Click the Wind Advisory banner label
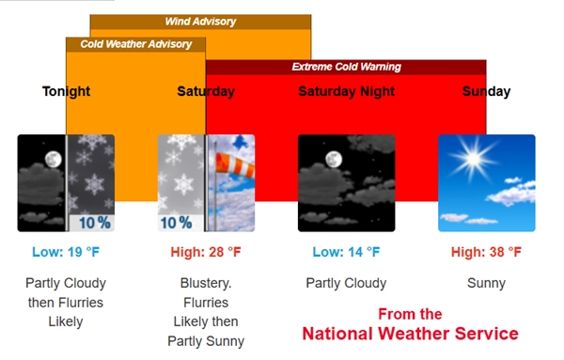pyautogui.click(x=200, y=22)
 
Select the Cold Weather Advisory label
pyautogui.click(x=135, y=44)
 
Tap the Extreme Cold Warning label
pyautogui.click(x=346, y=67)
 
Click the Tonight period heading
pyautogui.click(x=66, y=91)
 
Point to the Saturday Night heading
pyautogui.click(x=346, y=91)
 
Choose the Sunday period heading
pyautogui.click(x=486, y=91)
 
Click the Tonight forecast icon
pyautogui.click(x=66, y=183)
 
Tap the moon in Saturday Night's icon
pyautogui.click(x=332, y=160)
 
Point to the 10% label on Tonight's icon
pyautogui.click(x=94, y=223)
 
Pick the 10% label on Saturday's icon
pyautogui.click(x=176, y=223)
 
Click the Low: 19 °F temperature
pyautogui.click(x=66, y=252)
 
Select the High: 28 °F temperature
pyautogui.click(x=206, y=252)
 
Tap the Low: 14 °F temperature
pyautogui.click(x=346, y=252)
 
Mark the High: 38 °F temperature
pyautogui.click(x=486, y=252)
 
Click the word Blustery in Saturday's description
pyautogui.click(x=206, y=283)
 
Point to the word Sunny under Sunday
pyautogui.click(x=486, y=283)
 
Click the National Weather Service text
pyautogui.click(x=410, y=334)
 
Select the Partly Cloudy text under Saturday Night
pyautogui.click(x=346, y=283)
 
